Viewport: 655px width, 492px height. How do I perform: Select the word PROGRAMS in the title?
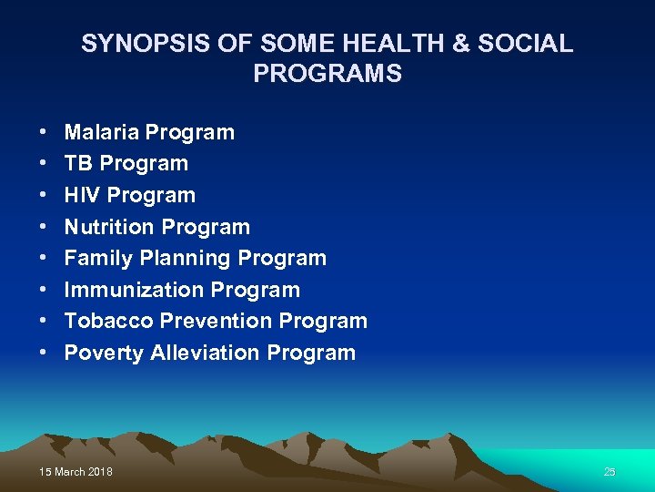click(327, 74)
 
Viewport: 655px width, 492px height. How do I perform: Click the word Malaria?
click(101, 132)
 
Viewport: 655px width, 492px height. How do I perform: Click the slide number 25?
click(610, 472)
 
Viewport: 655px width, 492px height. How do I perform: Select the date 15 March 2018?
click(76, 472)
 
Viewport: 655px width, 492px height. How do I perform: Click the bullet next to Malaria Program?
click(44, 133)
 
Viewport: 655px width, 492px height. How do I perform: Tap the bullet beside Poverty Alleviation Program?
click(44, 354)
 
